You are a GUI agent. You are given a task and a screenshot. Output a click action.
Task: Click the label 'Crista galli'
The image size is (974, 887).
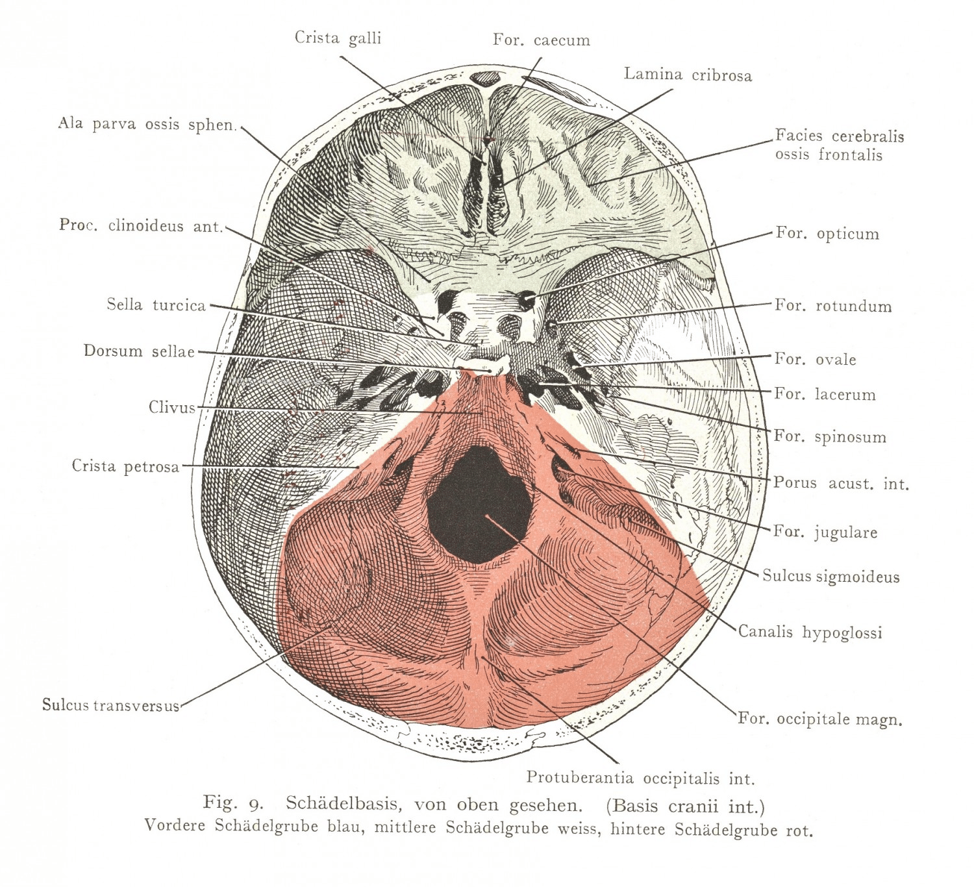[338, 38]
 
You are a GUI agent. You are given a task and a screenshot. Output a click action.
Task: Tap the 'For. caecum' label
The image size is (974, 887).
[541, 40]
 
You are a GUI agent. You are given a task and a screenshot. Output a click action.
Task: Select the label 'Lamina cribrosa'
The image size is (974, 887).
[688, 75]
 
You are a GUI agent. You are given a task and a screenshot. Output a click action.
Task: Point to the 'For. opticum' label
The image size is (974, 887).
[827, 234]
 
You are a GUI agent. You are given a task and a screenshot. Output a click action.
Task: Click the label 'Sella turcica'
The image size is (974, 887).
[156, 305]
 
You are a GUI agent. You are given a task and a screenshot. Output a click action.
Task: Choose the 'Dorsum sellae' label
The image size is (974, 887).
[139, 351]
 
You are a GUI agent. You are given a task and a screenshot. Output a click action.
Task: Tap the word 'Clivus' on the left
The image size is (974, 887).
[171, 408]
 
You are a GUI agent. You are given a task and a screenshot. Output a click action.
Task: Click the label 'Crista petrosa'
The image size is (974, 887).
[125, 466]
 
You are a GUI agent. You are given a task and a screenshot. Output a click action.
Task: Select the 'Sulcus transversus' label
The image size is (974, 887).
[110, 705]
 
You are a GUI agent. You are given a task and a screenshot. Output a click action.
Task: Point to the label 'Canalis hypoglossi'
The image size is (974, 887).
[810, 632]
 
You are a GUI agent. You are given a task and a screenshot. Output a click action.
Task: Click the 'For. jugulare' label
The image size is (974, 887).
[825, 532]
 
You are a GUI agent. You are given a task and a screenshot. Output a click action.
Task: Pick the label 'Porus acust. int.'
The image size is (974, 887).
[840, 484]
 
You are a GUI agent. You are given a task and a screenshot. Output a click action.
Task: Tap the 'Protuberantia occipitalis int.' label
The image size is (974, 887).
[640, 778]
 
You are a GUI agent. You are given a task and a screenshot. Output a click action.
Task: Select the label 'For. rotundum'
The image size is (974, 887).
[832, 306]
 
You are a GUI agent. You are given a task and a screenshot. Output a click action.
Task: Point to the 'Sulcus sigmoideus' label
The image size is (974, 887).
[830, 577]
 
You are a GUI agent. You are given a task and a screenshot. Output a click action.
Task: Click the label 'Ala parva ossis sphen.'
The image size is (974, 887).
[147, 124]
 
